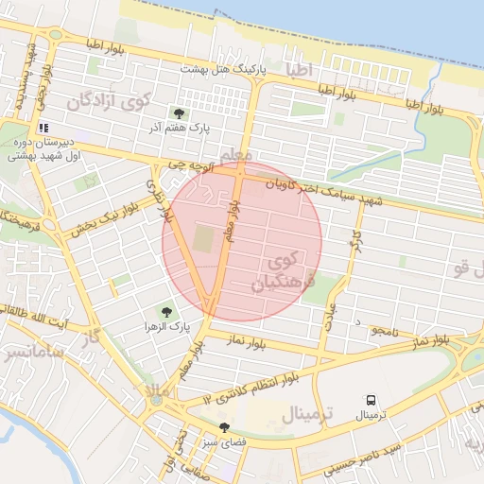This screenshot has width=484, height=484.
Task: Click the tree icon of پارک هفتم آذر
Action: [x=179, y=112]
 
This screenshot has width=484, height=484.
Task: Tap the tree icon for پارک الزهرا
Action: [x=166, y=311]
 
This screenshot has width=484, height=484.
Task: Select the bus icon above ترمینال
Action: [x=370, y=401]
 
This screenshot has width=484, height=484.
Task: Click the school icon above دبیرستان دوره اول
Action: [x=43, y=128]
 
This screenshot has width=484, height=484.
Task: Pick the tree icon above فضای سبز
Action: [x=223, y=427]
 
